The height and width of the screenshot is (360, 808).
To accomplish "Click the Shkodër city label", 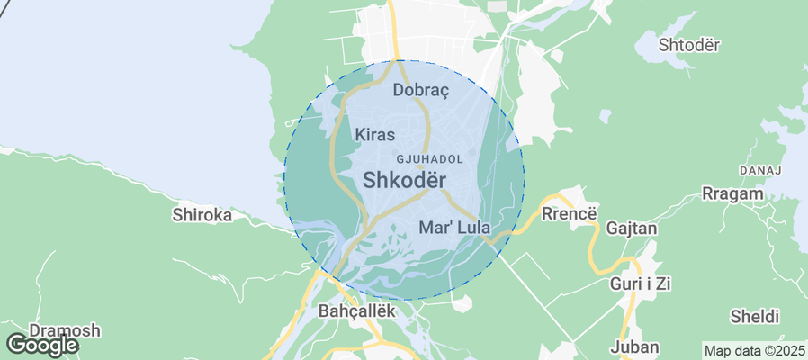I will (x=405, y=180).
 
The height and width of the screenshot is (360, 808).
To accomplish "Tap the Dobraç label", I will (x=421, y=90).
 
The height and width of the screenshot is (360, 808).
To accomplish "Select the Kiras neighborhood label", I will (x=375, y=135).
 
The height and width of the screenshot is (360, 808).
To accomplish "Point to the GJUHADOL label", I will (x=442, y=158).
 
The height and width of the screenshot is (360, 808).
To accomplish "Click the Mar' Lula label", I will (x=453, y=228).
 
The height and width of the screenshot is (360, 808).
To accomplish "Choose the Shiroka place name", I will (x=202, y=215).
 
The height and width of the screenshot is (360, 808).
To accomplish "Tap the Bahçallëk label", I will (x=357, y=310).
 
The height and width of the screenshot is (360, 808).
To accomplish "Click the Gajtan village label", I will (x=632, y=229).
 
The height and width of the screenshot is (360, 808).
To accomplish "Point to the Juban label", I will (x=634, y=346).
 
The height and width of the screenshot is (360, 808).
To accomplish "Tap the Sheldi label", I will (x=754, y=317).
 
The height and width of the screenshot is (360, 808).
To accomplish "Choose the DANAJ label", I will (x=759, y=169).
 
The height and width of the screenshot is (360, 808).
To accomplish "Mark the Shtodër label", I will (x=689, y=45).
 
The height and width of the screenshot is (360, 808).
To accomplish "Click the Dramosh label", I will (x=65, y=330).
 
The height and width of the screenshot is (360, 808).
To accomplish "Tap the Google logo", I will (x=41, y=345).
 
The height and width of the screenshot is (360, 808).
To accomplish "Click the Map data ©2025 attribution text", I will (x=754, y=350).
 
